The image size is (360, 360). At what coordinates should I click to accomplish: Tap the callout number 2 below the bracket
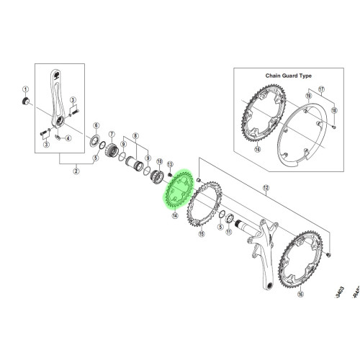[77, 171]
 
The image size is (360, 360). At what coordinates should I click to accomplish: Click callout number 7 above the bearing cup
[112, 134]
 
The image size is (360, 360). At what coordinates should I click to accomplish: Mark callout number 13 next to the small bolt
[170, 164]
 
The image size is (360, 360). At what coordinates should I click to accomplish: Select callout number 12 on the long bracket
[266, 188]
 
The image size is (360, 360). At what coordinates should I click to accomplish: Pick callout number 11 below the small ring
[228, 233]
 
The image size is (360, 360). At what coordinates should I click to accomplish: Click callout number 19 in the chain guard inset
[310, 94]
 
